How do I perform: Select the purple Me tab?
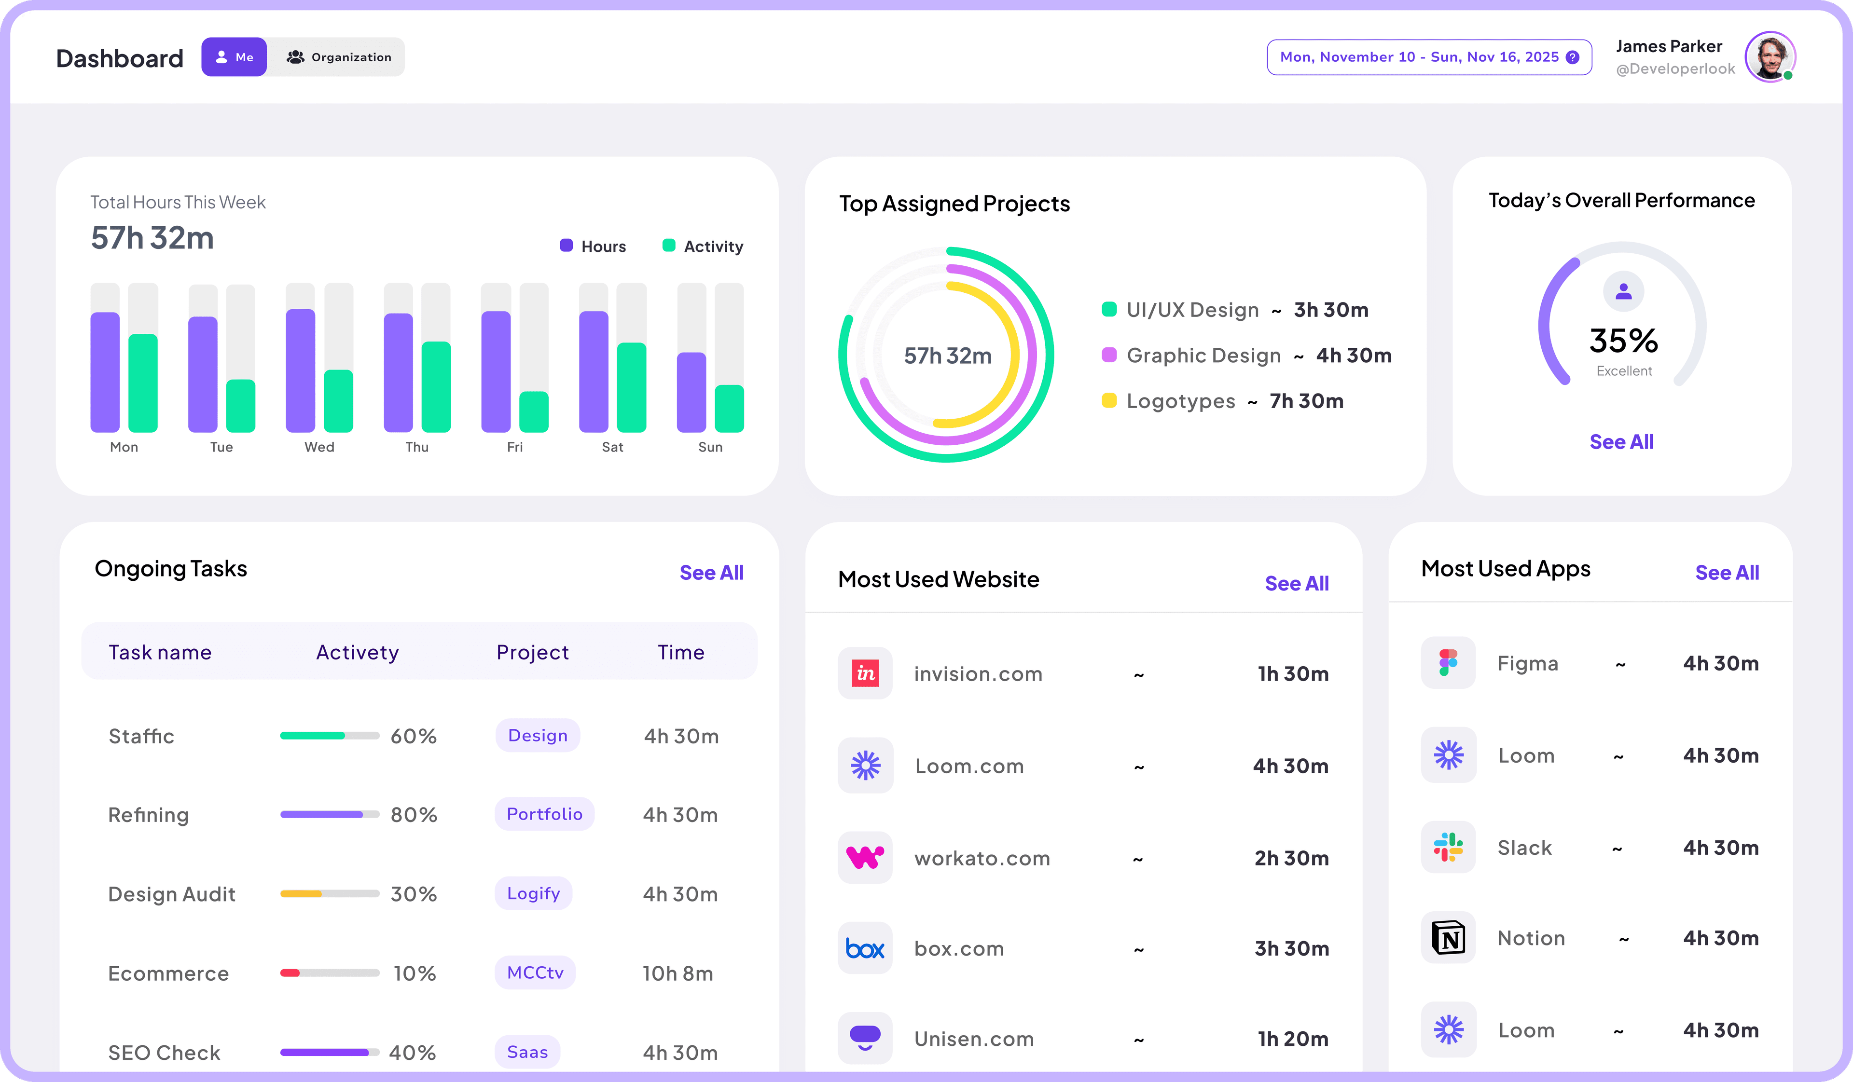[x=234, y=57]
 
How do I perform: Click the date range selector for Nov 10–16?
[x=1429, y=57]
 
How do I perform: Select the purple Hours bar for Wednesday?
[x=300, y=371]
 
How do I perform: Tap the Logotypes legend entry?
[x=1180, y=401]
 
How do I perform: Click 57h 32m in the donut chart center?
[x=947, y=356]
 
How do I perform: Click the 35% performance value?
[x=1623, y=341]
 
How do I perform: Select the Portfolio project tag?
[x=544, y=814]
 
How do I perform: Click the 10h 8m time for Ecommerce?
[x=677, y=973]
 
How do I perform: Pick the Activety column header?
[x=358, y=652]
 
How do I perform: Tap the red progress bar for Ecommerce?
[x=290, y=973]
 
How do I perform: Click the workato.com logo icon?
[x=865, y=857]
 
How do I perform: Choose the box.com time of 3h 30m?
[x=1291, y=948]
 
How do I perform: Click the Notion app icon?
[x=1448, y=938]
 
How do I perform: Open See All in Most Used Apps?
[x=1727, y=573]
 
